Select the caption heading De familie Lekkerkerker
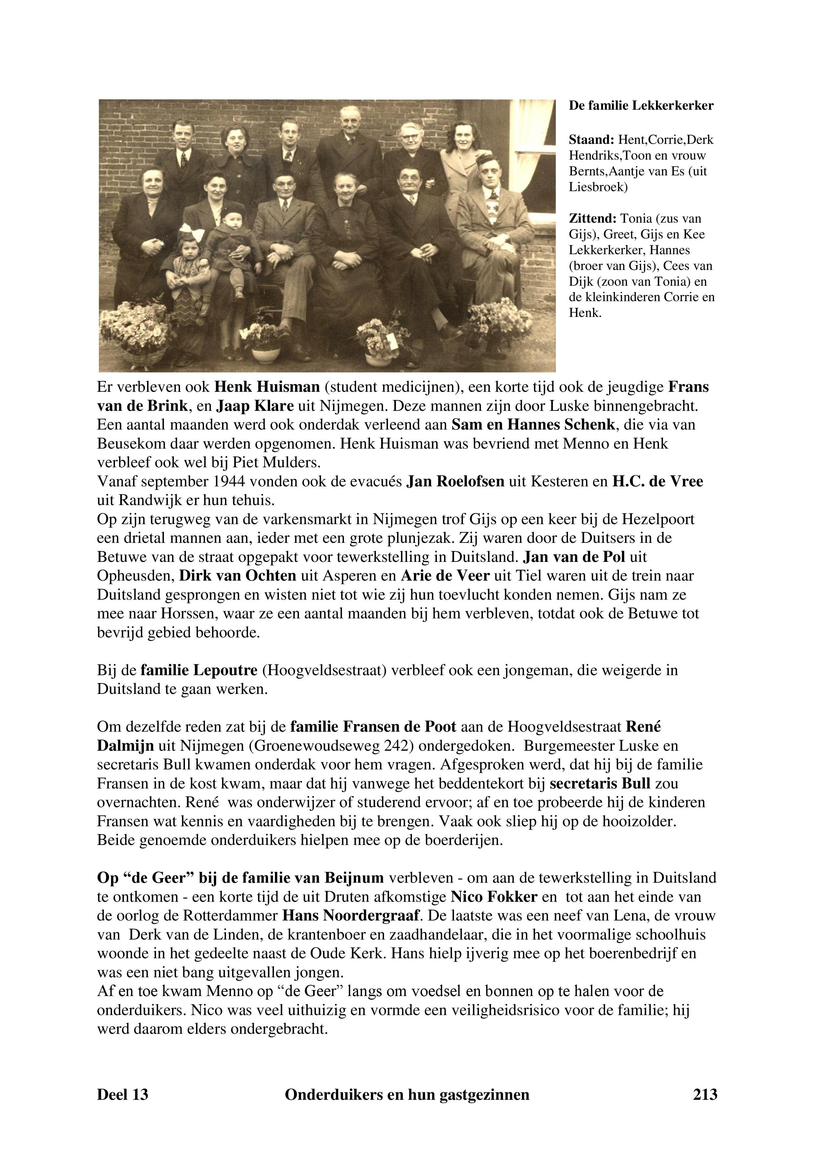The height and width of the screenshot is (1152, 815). point(641,106)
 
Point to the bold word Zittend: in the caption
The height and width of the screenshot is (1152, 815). point(592,219)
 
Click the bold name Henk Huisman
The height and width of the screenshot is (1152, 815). point(267,388)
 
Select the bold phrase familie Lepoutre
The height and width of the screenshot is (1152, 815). point(199,670)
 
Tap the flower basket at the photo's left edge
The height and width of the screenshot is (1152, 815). point(133,334)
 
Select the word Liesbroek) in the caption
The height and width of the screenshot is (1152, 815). point(598,187)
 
